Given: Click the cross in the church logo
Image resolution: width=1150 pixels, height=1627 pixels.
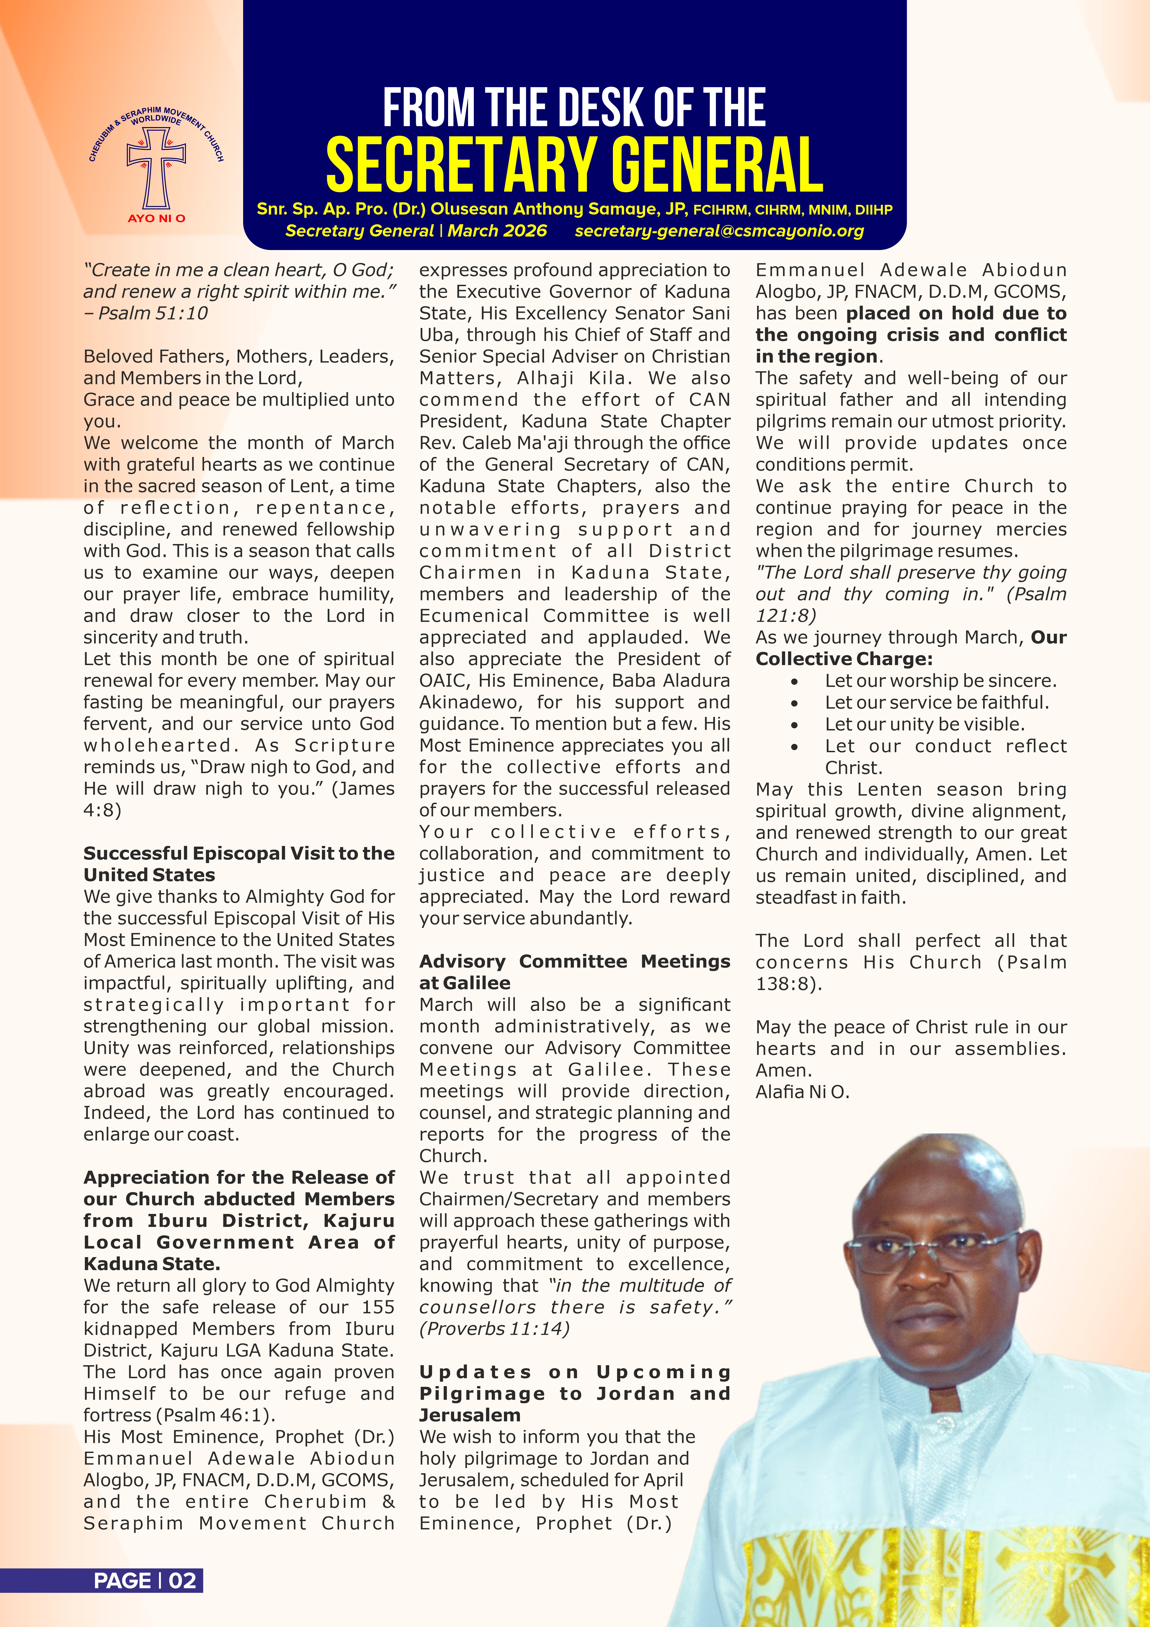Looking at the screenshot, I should (156, 167).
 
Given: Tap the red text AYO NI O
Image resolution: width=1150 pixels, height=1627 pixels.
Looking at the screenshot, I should (157, 218).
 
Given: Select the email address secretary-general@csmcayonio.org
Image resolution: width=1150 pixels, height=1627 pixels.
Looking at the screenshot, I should (719, 231).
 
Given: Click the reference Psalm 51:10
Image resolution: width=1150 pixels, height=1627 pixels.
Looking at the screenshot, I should (152, 313).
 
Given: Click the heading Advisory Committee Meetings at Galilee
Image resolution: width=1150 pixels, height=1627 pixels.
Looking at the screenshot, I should (574, 971).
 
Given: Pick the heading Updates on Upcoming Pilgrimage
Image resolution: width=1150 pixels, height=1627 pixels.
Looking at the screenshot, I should (574, 1393).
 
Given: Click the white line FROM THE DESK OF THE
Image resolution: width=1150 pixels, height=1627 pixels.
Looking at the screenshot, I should (574, 108).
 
